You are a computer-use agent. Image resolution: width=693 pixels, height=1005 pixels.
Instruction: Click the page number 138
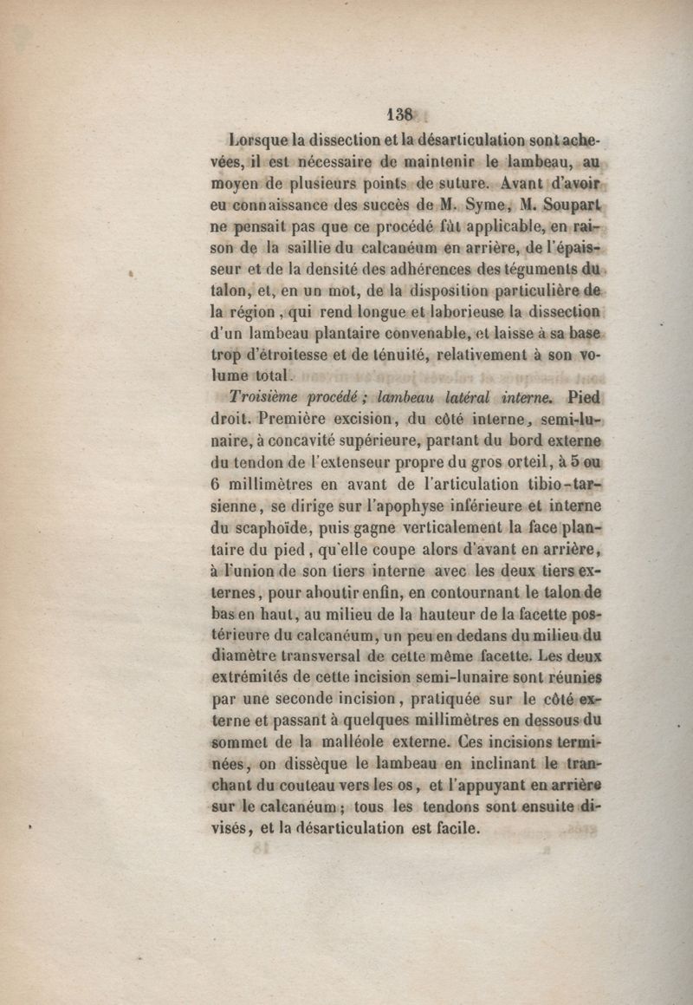pos(402,114)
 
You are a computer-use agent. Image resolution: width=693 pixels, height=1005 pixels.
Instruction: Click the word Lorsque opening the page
pos(257,139)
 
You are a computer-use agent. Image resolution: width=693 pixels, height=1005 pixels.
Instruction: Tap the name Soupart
pos(569,206)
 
